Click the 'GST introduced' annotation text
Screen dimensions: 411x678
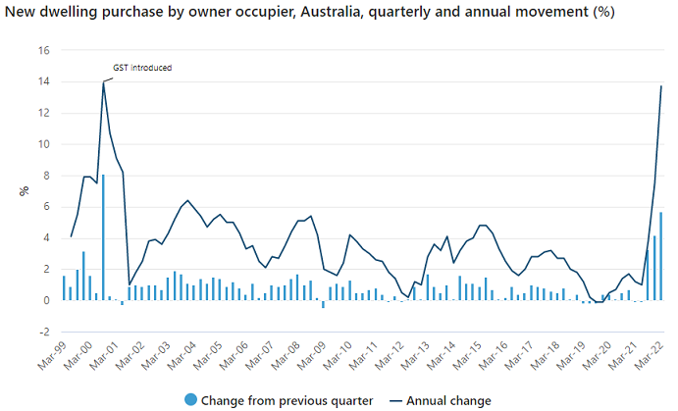pos(143,68)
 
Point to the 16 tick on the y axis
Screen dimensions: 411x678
pos(43,50)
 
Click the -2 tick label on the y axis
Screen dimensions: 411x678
pos(43,332)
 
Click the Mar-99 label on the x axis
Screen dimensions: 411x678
pos(55,356)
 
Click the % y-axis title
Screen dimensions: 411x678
pos(25,191)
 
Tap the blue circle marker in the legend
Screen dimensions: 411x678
pos(190,400)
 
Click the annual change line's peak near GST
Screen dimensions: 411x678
pos(103,81)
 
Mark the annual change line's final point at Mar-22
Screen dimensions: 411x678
pos(661,86)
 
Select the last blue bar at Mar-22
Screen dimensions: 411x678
pos(661,256)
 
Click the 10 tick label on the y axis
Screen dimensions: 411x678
pos(43,144)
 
